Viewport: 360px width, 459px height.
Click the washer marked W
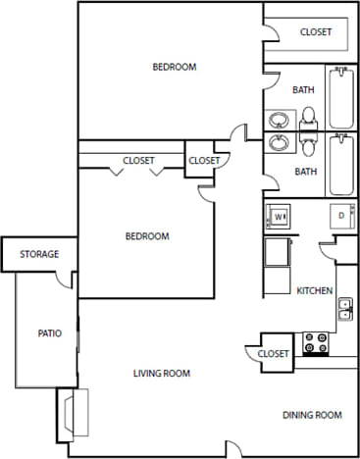click(x=278, y=216)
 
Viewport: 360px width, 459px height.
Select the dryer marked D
click(x=341, y=216)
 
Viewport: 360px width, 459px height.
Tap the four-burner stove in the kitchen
click(x=316, y=343)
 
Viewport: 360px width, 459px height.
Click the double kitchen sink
click(x=345, y=310)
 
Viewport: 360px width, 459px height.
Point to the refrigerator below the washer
click(x=277, y=253)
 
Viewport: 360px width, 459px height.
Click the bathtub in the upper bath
click(x=340, y=96)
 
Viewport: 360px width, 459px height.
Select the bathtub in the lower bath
click(x=340, y=165)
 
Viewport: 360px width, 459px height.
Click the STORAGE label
click(x=39, y=255)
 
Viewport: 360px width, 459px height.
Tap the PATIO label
click(x=49, y=333)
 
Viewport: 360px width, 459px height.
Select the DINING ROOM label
click(x=312, y=416)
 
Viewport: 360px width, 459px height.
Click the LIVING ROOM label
click(x=162, y=374)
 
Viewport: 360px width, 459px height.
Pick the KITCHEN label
click(x=315, y=291)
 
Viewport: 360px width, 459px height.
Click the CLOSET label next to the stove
click(x=274, y=354)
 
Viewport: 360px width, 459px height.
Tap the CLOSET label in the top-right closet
click(x=316, y=32)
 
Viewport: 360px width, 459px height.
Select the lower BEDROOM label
click(x=147, y=236)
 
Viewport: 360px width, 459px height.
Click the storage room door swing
click(x=64, y=280)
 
